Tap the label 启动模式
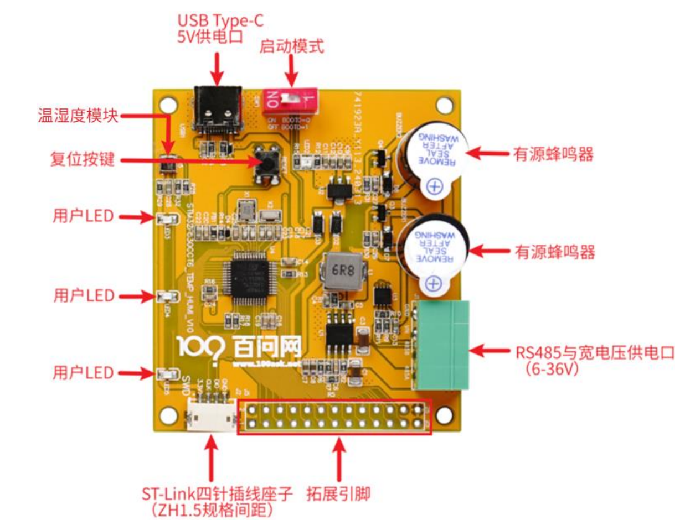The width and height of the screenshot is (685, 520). pos(291,46)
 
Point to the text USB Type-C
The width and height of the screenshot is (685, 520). pos(220,21)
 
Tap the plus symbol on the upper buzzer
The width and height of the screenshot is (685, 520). pos(435,187)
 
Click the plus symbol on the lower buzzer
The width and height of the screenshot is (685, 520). pos(435,284)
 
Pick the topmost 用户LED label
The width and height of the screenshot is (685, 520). pos(84,215)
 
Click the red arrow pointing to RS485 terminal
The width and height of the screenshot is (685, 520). pos(491,350)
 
